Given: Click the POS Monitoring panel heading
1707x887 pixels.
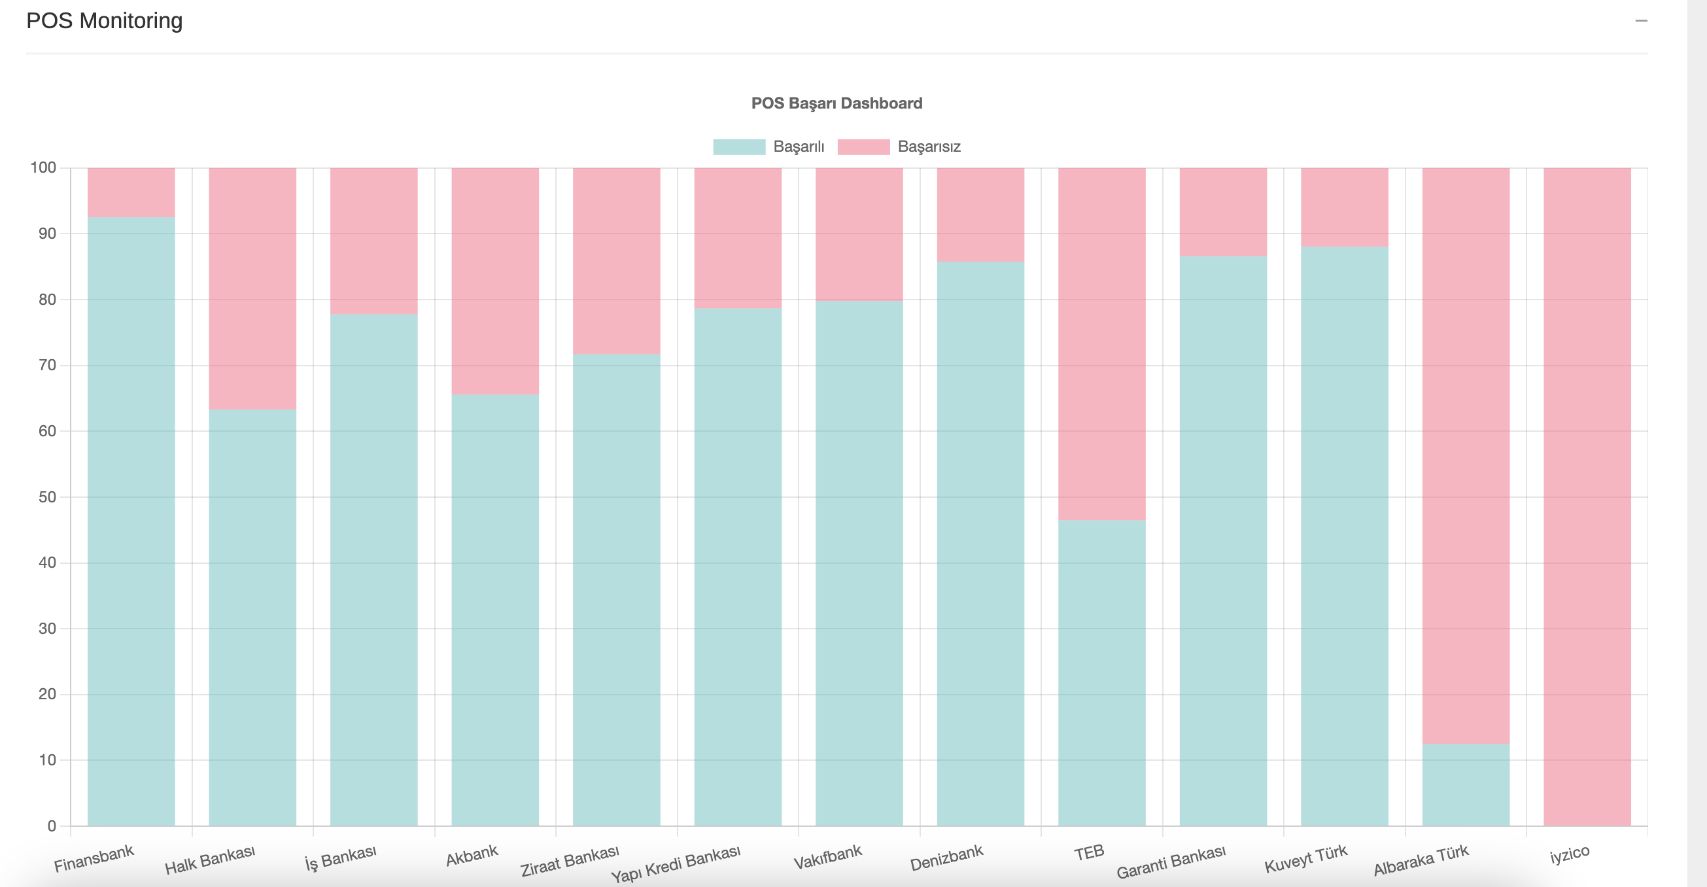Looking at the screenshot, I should [x=104, y=21].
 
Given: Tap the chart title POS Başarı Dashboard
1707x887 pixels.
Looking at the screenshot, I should [x=836, y=103].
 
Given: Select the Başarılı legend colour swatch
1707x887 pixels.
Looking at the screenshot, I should [x=739, y=147].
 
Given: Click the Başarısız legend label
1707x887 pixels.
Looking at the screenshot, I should [x=928, y=147].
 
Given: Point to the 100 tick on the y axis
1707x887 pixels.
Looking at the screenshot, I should [x=44, y=167].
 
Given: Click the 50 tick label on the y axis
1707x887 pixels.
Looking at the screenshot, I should [x=47, y=497].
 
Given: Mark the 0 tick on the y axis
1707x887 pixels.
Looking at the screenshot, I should [x=52, y=826].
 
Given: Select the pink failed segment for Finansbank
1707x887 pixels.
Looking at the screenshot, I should [x=131, y=192].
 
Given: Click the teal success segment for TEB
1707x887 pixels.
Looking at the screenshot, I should [x=1101, y=673].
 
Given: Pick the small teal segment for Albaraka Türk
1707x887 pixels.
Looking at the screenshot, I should [x=1466, y=785].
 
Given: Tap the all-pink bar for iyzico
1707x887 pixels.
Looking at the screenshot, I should [x=1587, y=497].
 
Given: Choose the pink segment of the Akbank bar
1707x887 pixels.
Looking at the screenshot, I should [x=495, y=281].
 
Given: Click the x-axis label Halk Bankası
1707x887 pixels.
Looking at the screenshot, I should [x=209, y=860].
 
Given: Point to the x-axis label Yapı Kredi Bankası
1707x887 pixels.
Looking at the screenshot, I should [x=675, y=864].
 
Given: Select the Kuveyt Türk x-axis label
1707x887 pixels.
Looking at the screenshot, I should [x=1305, y=859].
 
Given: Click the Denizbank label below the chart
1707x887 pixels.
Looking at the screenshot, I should [x=946, y=858].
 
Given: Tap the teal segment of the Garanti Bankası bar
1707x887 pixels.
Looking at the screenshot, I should [x=1222, y=541].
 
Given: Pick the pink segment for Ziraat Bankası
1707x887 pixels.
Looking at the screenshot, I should [x=616, y=260].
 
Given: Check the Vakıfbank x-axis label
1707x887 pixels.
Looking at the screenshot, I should [x=827, y=856].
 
